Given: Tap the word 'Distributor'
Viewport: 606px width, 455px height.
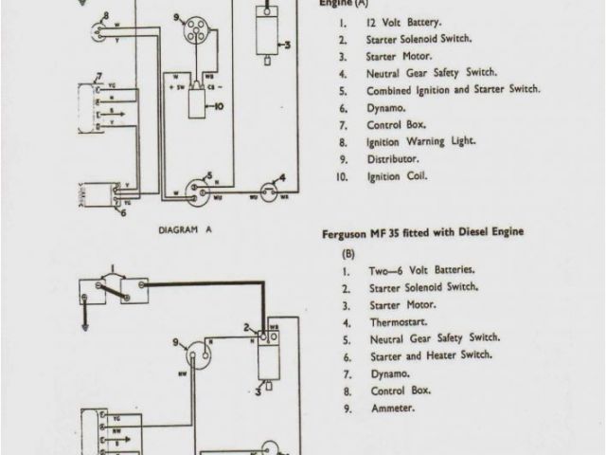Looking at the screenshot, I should pyautogui.click(x=392, y=159).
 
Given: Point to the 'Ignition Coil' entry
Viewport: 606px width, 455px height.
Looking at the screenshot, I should pyautogui.click(x=397, y=176).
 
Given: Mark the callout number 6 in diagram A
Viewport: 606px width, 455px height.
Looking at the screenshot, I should pyautogui.click(x=121, y=213).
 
